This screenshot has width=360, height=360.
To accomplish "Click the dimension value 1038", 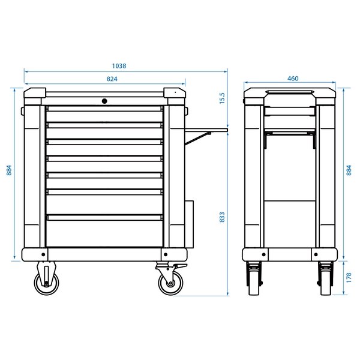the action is [119, 66].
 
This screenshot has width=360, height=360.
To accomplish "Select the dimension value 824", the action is [112, 79].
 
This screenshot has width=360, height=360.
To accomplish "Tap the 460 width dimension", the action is [293, 79].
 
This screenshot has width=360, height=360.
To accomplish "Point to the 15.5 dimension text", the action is [222, 98].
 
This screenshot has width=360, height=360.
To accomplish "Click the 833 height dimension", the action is [222, 217].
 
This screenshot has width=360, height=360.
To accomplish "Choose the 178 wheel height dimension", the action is [349, 278].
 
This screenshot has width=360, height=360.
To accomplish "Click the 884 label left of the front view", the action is [9, 170].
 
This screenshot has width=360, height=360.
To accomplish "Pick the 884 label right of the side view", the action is [349, 170].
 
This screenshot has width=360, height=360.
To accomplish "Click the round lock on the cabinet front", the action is [104, 101].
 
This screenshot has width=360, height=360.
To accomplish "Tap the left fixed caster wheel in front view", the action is [46, 283].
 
